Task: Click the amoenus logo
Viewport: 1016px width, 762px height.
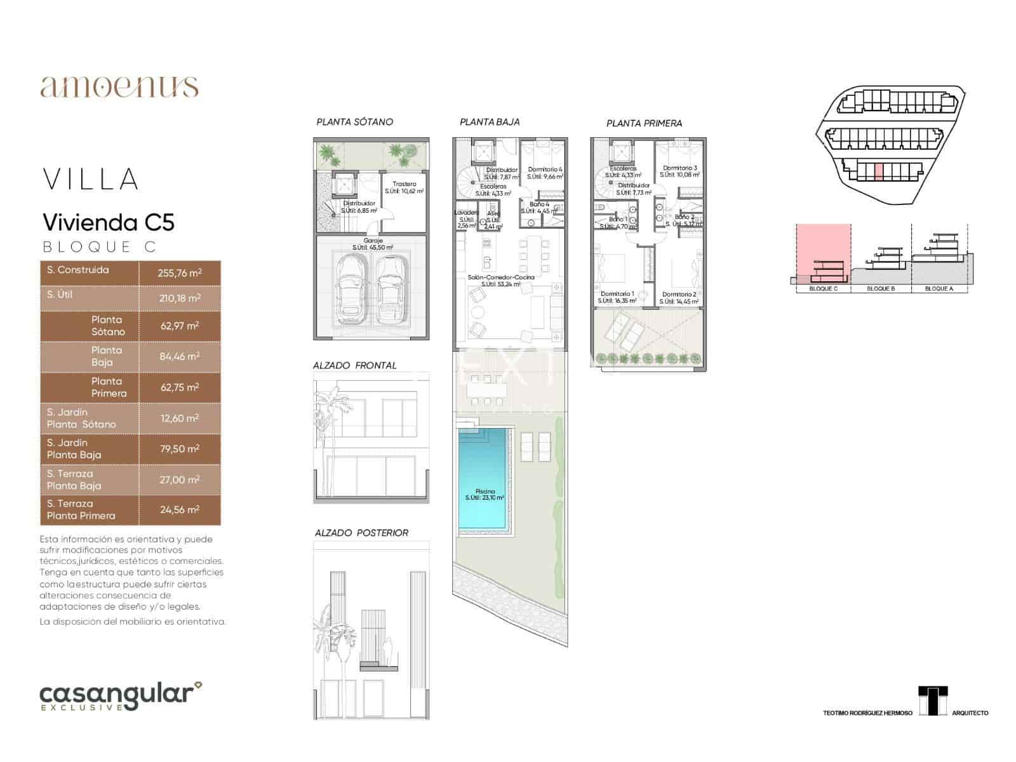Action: pos(119,86)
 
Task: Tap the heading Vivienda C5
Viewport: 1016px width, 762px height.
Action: pos(108,222)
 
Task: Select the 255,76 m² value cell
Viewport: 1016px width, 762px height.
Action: pos(180,273)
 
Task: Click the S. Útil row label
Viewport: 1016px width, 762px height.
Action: pos(60,295)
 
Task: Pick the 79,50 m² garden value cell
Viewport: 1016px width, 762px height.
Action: pos(180,449)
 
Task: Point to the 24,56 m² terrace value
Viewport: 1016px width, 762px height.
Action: pos(180,510)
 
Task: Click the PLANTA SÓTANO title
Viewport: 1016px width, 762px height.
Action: pos(354,122)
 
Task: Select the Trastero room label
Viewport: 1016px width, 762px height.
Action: pos(404,184)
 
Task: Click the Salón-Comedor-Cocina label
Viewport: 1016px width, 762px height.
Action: pos(500,277)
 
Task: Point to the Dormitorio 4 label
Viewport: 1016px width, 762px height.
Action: pos(545,170)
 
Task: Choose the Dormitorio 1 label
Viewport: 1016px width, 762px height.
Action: pos(617,294)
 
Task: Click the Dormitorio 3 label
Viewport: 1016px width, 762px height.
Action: pos(679,168)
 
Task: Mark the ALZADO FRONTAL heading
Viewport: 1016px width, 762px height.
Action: pos(354,366)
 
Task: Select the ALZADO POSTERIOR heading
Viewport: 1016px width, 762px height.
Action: pos(361,533)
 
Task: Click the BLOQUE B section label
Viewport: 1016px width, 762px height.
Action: pos(881,289)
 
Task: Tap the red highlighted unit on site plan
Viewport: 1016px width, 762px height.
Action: pos(879,171)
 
